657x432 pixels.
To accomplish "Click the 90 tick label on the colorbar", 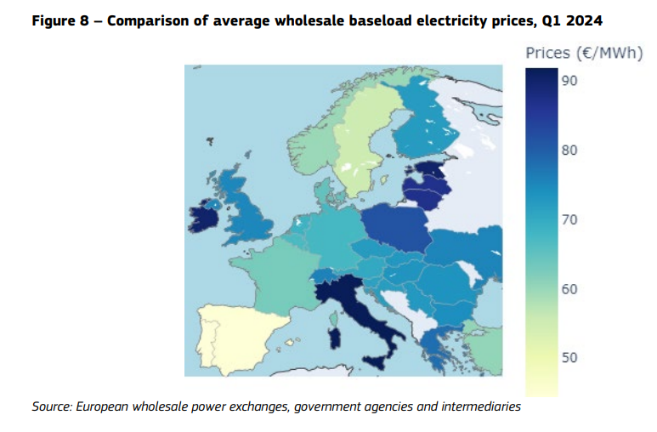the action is point(569,81).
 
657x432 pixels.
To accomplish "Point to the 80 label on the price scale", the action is point(569,151).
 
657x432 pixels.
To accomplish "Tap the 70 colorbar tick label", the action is point(569,219).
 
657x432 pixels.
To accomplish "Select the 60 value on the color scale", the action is point(569,289).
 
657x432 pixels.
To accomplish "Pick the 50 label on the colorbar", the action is point(569,358).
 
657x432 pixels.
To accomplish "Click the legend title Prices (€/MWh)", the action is point(584,54).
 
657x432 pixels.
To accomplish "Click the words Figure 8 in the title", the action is point(60,20).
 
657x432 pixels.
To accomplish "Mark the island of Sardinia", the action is point(334,339).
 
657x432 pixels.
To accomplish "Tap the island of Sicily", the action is point(376,361).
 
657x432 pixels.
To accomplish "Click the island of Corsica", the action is point(333,319).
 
